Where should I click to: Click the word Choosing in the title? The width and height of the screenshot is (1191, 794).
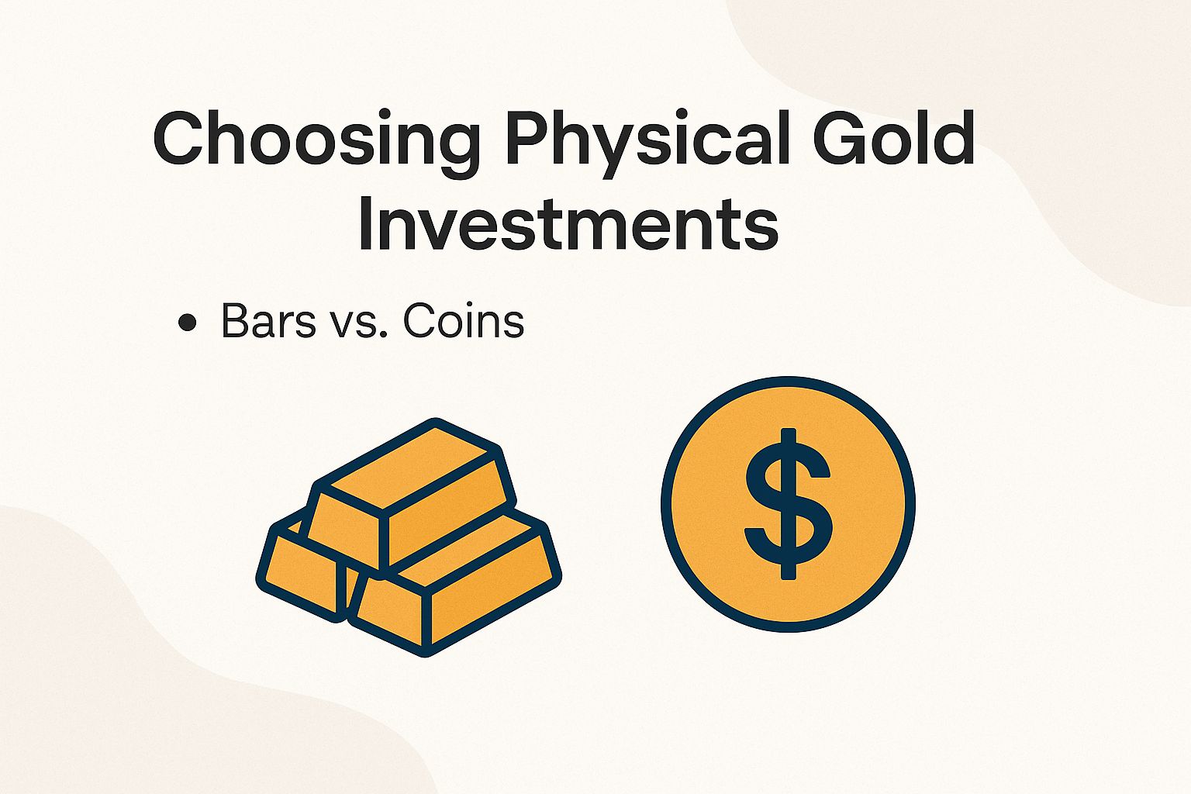click(313, 140)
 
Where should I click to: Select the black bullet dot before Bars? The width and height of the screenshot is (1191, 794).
click(186, 323)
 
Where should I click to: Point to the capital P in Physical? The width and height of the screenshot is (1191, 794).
click(529, 140)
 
